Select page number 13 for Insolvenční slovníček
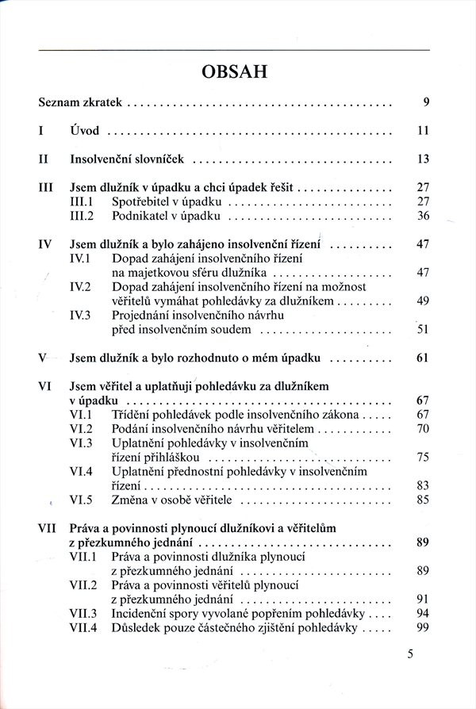tap(422, 159)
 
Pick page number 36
tap(422, 215)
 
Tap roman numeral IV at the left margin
tap(46, 244)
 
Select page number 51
tap(422, 329)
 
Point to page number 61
tap(422, 358)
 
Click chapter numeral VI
tap(45, 386)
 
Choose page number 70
tap(422, 429)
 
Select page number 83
tap(422, 485)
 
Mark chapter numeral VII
tap(48, 528)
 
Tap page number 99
tap(422, 627)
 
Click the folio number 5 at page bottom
tap(410, 654)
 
